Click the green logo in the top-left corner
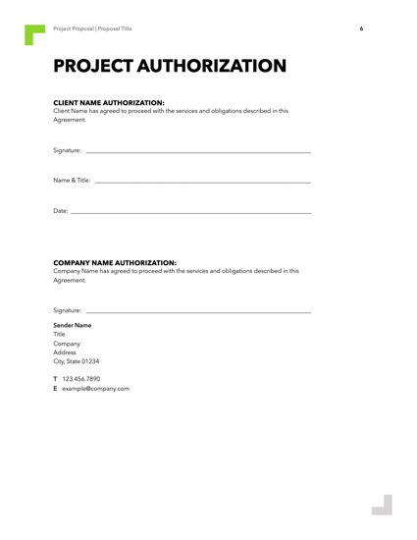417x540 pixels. [34, 33]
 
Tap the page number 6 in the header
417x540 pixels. [361, 28]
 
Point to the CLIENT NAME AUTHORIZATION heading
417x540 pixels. [108, 102]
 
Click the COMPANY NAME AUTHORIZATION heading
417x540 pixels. [114, 262]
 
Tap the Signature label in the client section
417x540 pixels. [67, 150]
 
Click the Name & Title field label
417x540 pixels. [72, 181]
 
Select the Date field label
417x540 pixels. [60, 211]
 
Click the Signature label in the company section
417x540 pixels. [67, 310]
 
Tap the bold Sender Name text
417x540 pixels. [72, 325]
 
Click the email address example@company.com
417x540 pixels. [95, 389]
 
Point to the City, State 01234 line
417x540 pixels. [76, 361]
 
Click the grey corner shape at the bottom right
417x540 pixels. [383, 505]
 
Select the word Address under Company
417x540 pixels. [65, 352]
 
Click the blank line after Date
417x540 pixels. [191, 213]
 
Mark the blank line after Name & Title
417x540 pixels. [202, 183]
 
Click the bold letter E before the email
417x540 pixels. [55, 389]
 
